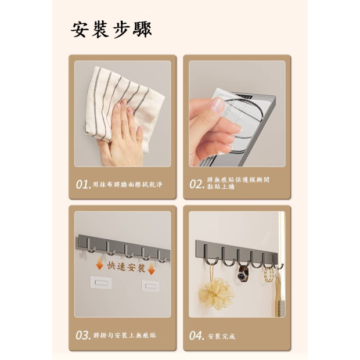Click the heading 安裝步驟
(111, 30)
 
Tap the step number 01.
(82, 185)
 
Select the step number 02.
(197, 184)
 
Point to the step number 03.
(82, 336)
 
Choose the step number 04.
(196, 336)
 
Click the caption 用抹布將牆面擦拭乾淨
(127, 185)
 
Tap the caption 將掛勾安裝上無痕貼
(125, 336)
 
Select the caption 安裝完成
(222, 337)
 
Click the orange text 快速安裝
(126, 267)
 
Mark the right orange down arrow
(152, 269)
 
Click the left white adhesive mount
(101, 283)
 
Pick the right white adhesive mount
(150, 286)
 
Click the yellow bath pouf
(217, 293)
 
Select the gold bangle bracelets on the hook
(268, 275)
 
